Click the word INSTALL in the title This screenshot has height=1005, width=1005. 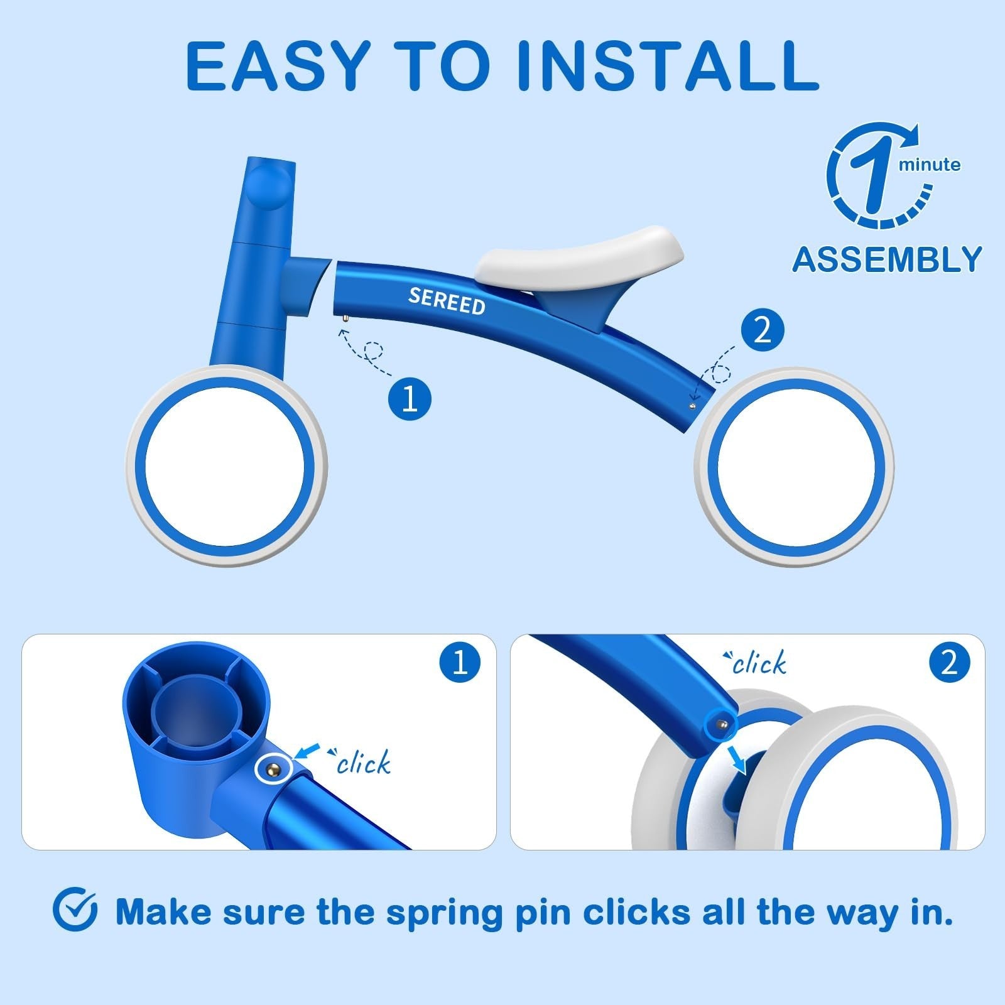670,66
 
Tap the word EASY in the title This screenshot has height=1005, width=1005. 276,66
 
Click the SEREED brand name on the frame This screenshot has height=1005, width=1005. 447,301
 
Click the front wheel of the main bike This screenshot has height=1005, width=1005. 226,465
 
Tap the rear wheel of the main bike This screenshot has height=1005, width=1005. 794,467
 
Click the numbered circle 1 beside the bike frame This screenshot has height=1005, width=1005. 410,398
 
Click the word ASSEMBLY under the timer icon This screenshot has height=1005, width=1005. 887,259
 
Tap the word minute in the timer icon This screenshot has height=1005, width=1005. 930,165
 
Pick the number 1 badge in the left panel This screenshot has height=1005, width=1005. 460,662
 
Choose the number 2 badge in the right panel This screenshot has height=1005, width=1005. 949,662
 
